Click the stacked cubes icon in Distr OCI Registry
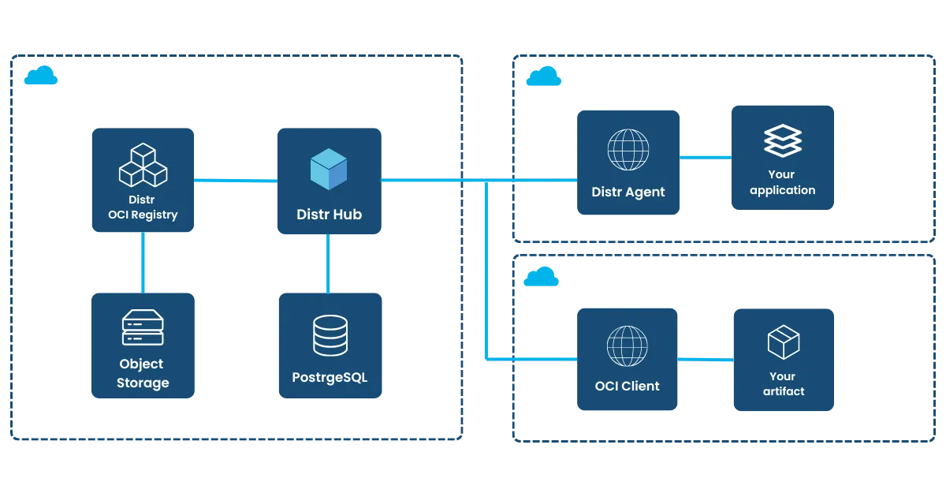(143, 165)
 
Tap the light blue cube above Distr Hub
(329, 169)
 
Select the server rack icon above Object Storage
(143, 327)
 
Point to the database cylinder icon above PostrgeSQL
(330, 334)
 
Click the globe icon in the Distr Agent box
(628, 149)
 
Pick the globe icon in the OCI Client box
(628, 346)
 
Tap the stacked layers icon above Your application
(783, 142)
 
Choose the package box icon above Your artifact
(783, 342)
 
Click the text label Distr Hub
(329, 214)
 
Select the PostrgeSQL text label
(330, 377)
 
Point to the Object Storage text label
(143, 373)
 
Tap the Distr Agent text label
(628, 192)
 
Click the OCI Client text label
(628, 386)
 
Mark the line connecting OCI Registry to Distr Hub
(235, 181)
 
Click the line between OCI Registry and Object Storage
(142, 262)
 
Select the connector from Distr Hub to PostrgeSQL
(329, 263)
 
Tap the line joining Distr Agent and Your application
(705, 158)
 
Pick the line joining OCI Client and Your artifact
(706, 359)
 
